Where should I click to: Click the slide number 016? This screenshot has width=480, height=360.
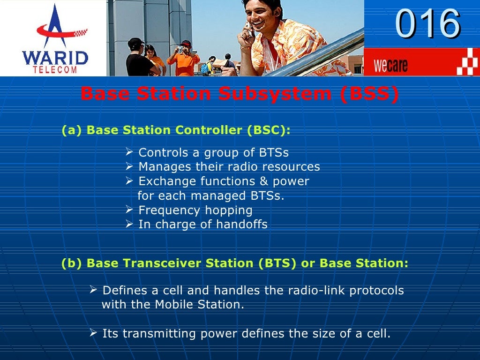(427, 24)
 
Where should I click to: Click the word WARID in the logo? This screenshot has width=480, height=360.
(55, 59)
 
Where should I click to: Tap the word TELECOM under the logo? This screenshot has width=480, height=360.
(55, 70)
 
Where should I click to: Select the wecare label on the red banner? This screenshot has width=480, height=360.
(390, 65)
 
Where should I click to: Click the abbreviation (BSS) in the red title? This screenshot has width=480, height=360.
(369, 94)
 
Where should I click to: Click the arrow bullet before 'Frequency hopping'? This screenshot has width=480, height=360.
(130, 210)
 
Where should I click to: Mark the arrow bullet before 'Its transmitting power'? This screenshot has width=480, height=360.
(93, 333)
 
